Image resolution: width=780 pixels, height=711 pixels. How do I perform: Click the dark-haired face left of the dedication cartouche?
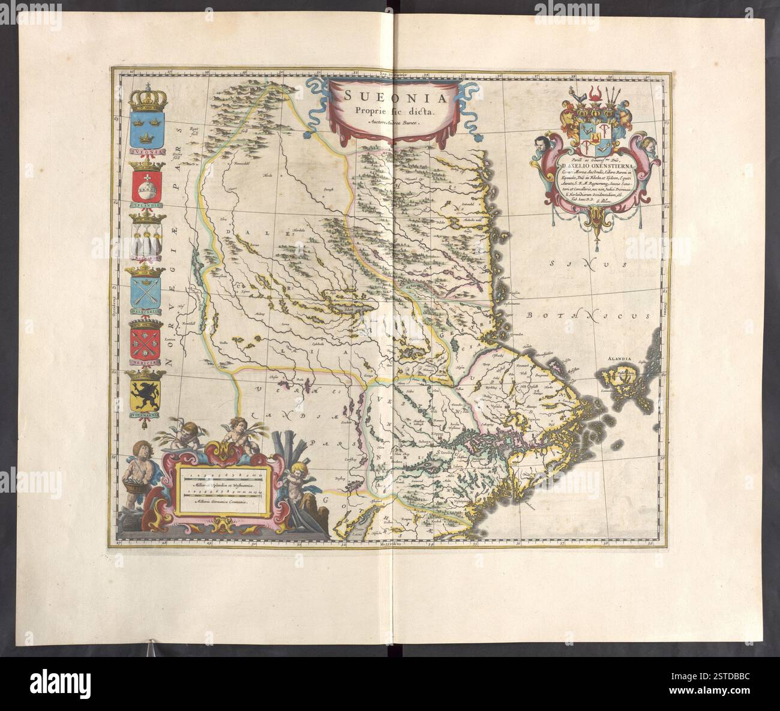(x=539, y=143)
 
